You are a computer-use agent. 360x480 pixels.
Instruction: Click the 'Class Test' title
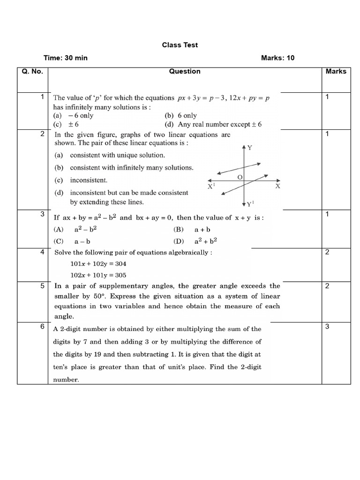point(180,45)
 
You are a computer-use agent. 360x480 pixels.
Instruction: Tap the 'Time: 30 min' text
point(66,58)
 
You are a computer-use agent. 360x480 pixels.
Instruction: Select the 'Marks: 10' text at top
point(277,58)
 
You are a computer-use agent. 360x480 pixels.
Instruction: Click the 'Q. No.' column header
point(32,72)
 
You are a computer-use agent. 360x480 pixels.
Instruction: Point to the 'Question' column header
point(185,72)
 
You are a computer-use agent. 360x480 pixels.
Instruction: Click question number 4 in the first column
point(42,252)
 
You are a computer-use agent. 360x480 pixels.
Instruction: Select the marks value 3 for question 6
point(327,326)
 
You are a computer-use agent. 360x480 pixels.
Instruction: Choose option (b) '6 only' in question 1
point(181,115)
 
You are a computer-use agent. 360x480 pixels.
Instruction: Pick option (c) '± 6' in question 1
point(66,125)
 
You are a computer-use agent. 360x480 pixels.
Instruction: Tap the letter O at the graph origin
point(240,177)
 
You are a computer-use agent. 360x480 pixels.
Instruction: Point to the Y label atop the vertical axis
point(250,148)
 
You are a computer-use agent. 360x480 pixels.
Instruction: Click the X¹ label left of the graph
point(211,186)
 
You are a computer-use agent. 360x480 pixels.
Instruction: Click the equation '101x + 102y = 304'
point(98,264)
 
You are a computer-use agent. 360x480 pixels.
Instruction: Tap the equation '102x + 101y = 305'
point(98,275)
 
